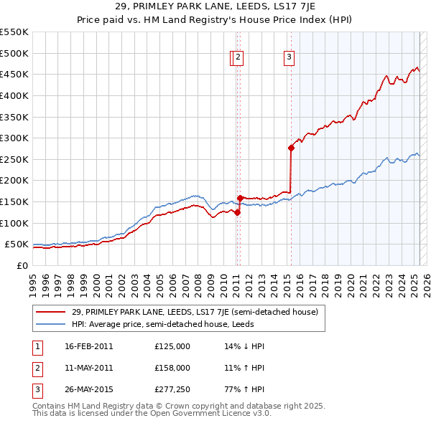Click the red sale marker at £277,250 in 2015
[x=291, y=148]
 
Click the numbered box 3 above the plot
[x=289, y=58]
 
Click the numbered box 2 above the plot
[x=238, y=58]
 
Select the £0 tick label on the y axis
[x=23, y=265]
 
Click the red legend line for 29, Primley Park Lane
[x=51, y=312]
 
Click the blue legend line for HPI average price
[x=51, y=324]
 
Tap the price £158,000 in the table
[x=172, y=368]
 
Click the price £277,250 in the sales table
[x=172, y=391]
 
